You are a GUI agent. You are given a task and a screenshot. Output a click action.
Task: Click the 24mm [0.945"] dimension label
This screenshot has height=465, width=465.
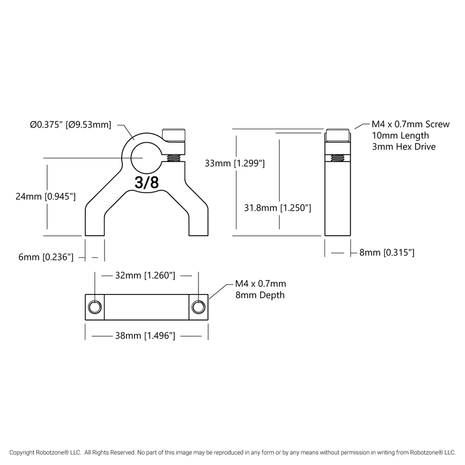click(45, 197)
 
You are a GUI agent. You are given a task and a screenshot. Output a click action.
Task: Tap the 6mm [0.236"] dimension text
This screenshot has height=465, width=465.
click(45, 257)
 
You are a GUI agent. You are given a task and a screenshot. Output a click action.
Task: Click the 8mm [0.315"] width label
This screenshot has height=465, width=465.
click(386, 252)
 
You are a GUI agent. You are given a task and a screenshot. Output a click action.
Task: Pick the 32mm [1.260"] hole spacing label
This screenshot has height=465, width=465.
click(145, 276)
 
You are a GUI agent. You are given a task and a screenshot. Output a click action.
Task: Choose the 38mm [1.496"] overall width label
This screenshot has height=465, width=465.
click(145, 336)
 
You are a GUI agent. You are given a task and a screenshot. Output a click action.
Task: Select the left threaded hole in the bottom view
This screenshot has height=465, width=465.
click(95, 306)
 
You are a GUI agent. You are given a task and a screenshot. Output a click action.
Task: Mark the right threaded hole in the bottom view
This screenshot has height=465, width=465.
click(198, 306)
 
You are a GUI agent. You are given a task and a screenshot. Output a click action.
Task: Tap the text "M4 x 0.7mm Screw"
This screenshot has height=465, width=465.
click(410, 124)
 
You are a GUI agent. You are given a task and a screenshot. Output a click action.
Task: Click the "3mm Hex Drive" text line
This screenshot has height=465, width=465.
click(403, 146)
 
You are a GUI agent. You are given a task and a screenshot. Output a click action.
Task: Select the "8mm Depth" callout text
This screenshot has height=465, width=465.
click(260, 295)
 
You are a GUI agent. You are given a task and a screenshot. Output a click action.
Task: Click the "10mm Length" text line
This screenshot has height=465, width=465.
click(400, 135)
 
